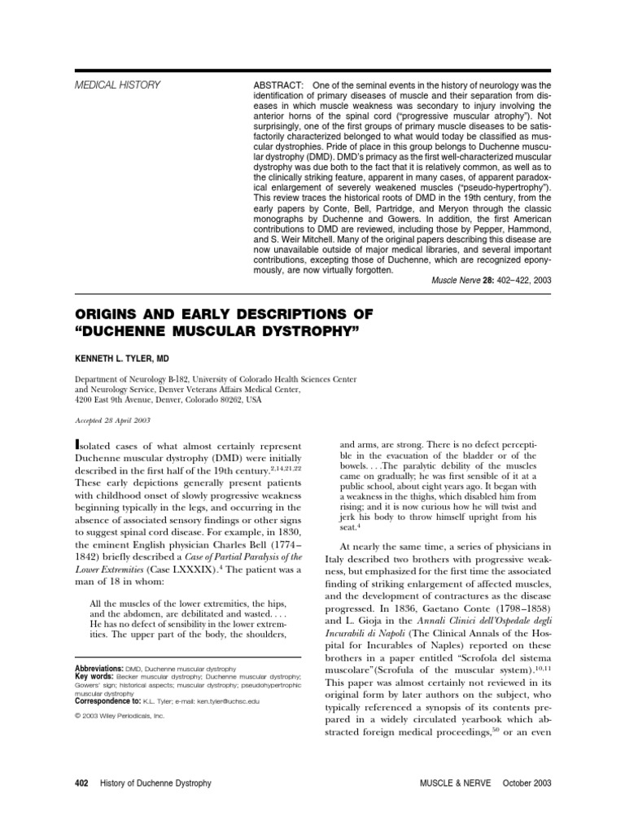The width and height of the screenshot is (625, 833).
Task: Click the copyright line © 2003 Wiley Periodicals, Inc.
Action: [119, 716]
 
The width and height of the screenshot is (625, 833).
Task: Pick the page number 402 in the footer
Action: [81, 783]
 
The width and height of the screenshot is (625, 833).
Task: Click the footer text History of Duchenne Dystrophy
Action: [155, 783]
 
